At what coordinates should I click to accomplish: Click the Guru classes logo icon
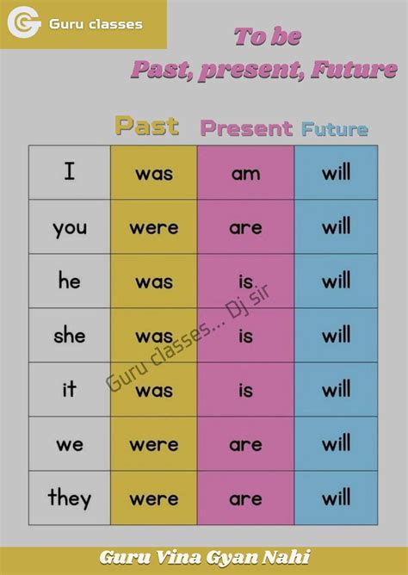[x=24, y=23]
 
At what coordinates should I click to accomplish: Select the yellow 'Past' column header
[x=147, y=126]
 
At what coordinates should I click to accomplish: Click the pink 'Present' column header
[x=246, y=128]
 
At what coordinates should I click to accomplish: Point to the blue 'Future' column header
[x=335, y=129]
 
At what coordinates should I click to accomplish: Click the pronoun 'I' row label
[x=70, y=172]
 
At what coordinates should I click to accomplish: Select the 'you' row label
[x=70, y=227]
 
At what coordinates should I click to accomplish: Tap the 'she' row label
[x=70, y=335]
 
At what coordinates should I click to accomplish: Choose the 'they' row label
[x=70, y=498]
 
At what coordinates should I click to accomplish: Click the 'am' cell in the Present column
[x=245, y=173]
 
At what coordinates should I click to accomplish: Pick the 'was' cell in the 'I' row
[x=154, y=173]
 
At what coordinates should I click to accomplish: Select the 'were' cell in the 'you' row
[x=154, y=227]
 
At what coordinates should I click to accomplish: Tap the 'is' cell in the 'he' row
[x=245, y=281]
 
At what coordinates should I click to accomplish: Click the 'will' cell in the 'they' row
[x=336, y=498]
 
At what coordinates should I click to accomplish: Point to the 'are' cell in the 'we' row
[x=245, y=444]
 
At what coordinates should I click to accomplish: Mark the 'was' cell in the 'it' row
[x=154, y=390]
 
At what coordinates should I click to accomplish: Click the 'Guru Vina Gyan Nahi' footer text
[x=204, y=557]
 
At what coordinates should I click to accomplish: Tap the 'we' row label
[x=70, y=444]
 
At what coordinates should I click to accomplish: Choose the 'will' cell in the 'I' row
[x=336, y=173]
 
